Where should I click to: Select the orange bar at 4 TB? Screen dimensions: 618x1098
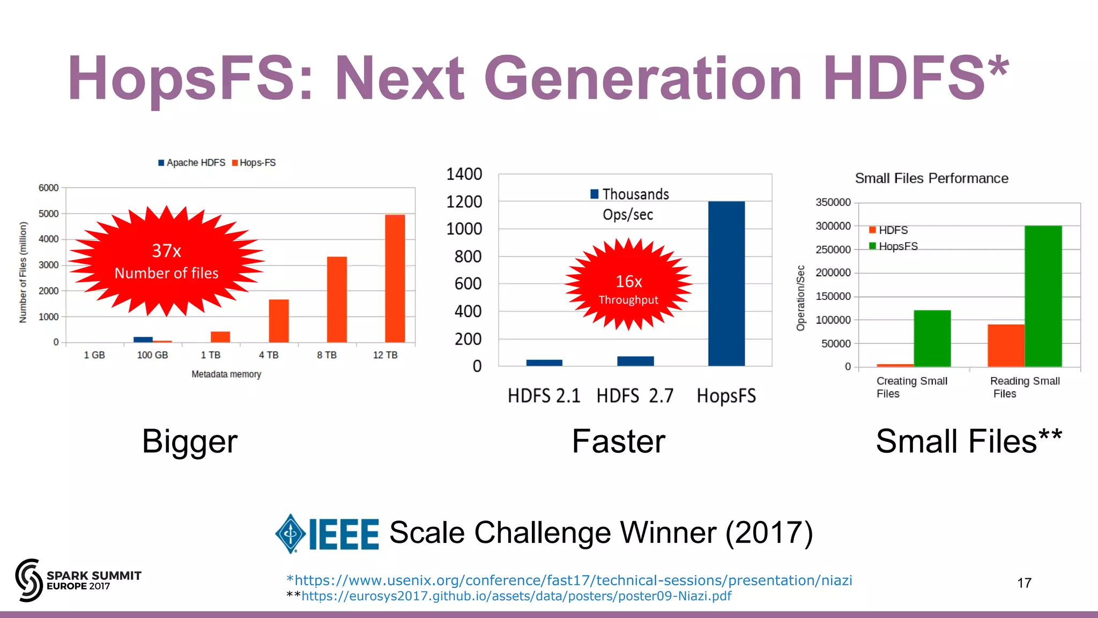(x=279, y=321)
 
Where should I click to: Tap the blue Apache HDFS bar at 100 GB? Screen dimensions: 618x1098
(x=143, y=339)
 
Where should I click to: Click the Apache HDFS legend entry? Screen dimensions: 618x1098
(x=192, y=163)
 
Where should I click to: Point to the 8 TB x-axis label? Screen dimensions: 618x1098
(x=327, y=355)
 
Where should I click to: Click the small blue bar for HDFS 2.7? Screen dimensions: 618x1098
(x=635, y=361)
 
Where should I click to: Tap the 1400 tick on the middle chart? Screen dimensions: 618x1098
(x=464, y=174)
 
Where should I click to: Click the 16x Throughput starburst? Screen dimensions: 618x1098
(x=628, y=284)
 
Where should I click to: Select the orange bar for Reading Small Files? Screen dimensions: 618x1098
(x=1006, y=345)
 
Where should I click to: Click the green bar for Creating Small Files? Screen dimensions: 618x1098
(x=932, y=338)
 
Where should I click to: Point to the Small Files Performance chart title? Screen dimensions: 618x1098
(x=931, y=178)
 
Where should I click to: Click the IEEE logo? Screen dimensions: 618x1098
(x=327, y=534)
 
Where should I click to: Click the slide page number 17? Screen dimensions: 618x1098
(x=1024, y=583)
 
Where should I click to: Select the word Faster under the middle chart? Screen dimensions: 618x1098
(x=618, y=442)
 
